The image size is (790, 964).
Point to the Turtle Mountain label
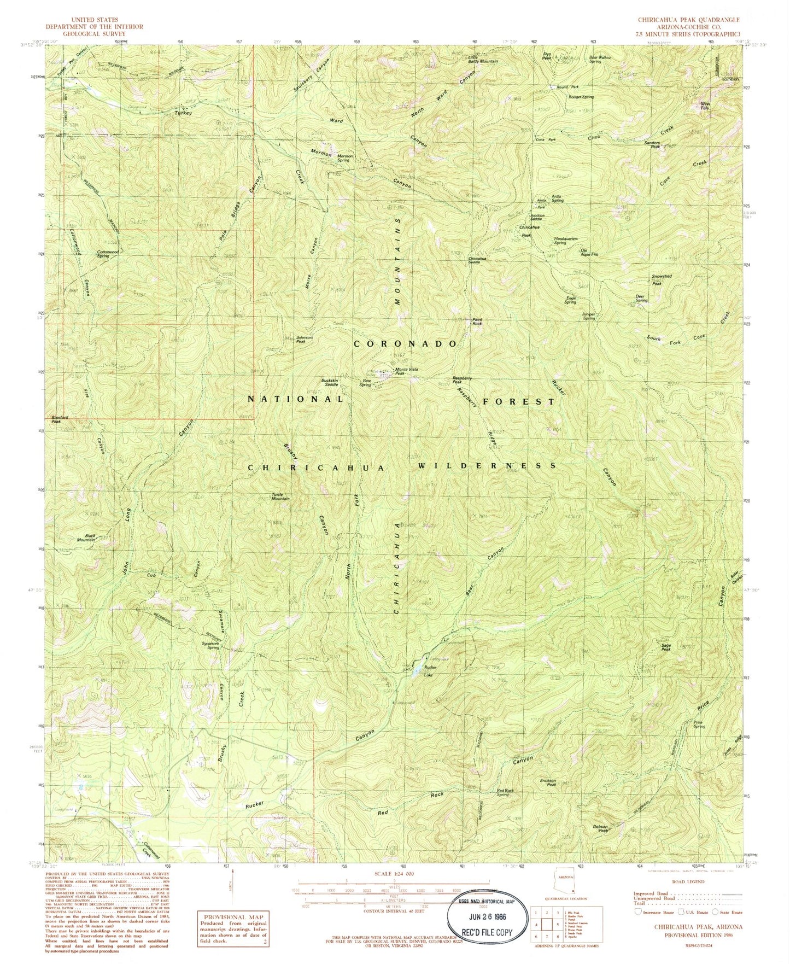[280, 497]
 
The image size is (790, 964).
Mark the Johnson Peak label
[305, 340]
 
